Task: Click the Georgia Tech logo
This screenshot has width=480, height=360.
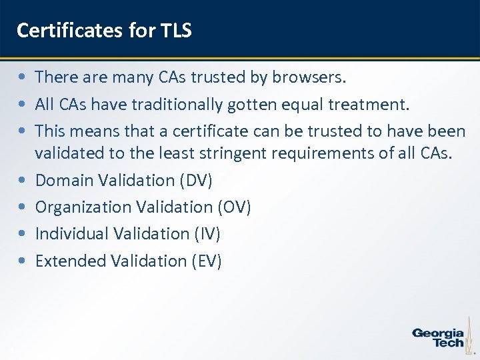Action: click(439, 337)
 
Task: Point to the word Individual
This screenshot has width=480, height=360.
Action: click(73, 234)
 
